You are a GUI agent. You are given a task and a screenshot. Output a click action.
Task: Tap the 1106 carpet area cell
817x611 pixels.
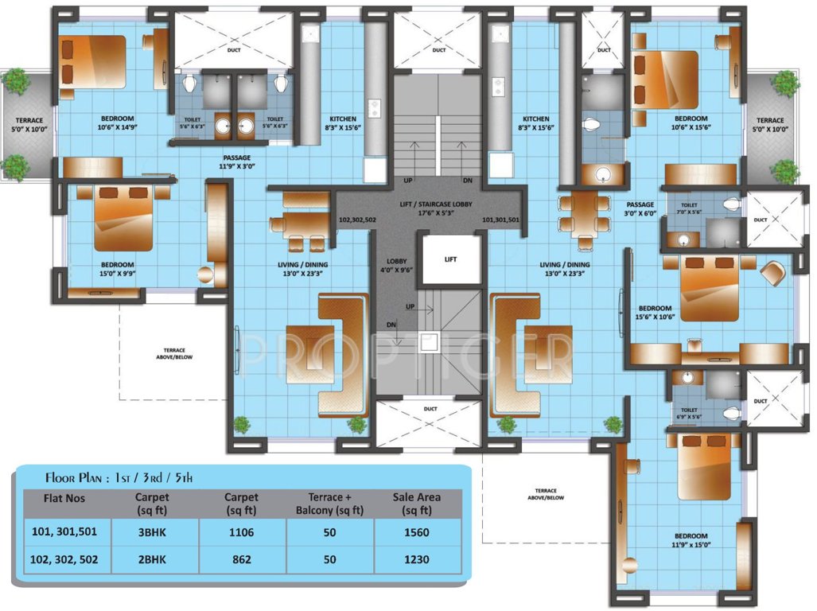pyautogui.click(x=241, y=532)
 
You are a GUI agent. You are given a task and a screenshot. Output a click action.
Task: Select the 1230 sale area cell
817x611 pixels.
pyautogui.click(x=416, y=559)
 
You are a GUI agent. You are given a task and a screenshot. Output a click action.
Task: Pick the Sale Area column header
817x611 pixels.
pyautogui.click(x=416, y=503)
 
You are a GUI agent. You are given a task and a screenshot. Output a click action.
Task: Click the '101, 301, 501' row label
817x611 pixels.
pyautogui.click(x=65, y=532)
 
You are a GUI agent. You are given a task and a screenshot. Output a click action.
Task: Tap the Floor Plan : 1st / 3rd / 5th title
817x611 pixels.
pyautogui.click(x=119, y=477)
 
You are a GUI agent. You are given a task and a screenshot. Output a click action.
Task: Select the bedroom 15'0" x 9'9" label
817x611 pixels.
pyautogui.click(x=117, y=269)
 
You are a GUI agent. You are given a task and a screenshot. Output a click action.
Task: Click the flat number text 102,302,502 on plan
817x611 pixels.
pyautogui.click(x=357, y=219)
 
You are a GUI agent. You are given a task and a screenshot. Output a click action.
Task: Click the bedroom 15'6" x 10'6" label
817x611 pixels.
pyautogui.click(x=656, y=313)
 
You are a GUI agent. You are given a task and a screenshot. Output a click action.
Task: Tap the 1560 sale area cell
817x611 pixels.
pyautogui.click(x=416, y=532)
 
